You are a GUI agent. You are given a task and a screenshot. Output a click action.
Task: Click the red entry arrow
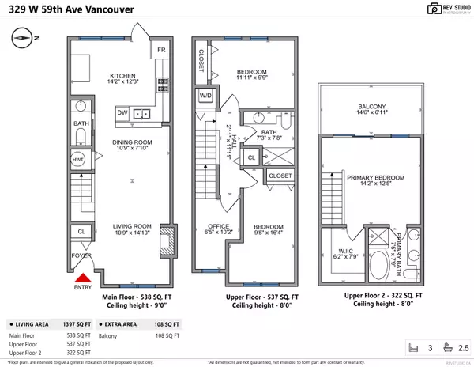tap(82, 278)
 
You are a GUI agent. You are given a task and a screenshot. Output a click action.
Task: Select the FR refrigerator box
tap(161, 50)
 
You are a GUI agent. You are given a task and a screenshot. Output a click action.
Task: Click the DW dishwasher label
tap(122, 114)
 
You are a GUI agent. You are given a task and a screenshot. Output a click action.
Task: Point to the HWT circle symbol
tap(78, 159)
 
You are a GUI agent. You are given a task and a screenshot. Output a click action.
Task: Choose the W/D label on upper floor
tap(205, 95)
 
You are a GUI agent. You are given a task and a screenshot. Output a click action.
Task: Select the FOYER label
tap(81, 256)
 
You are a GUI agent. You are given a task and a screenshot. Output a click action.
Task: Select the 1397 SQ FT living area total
tap(78, 324)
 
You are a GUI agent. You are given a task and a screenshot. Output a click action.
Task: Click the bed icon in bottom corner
tap(410, 347)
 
